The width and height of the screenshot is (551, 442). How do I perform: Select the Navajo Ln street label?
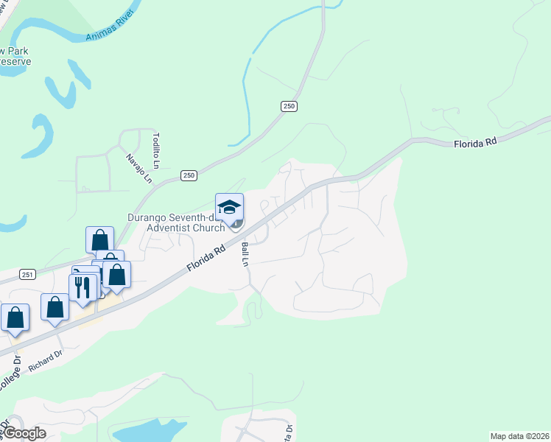click(x=138, y=168)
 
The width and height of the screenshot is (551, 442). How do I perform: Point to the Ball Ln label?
click(x=245, y=255)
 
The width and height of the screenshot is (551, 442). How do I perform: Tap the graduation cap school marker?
click(x=229, y=207)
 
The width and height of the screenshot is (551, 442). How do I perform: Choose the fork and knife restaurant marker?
click(x=82, y=286)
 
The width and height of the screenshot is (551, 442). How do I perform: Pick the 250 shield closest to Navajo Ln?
click(x=189, y=175)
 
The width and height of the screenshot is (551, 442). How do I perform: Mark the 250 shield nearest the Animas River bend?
click(x=289, y=107)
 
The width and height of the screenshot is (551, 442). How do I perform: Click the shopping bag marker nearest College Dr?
click(x=15, y=318)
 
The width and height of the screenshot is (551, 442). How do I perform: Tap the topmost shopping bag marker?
click(x=99, y=240)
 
